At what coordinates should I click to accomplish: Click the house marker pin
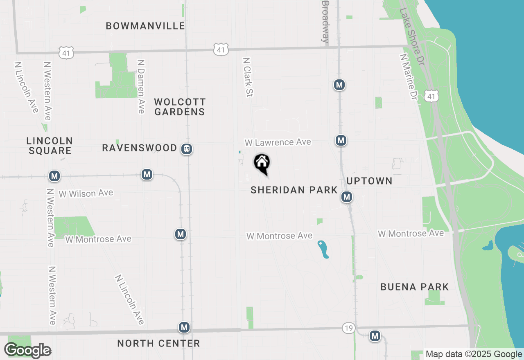[262, 164]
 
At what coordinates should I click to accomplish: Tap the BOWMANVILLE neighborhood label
[145, 26]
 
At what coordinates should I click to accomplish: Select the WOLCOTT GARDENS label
[180, 107]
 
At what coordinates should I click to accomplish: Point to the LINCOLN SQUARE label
[50, 146]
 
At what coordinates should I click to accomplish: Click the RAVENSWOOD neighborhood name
[140, 148]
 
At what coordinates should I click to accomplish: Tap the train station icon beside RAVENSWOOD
[187, 149]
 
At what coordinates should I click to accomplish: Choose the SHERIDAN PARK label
[294, 190]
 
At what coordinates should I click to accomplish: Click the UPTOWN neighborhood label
[369, 181]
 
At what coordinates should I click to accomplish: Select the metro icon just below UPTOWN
[347, 197]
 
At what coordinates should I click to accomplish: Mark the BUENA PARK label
[415, 287]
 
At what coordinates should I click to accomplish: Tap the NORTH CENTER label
[158, 343]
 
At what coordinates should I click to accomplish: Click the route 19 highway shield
[348, 328]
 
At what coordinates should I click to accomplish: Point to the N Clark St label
[248, 77]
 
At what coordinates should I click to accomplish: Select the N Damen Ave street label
[141, 86]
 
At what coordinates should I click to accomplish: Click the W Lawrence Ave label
[278, 142]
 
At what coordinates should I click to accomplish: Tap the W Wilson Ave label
[86, 193]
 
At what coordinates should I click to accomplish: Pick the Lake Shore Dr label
[412, 25]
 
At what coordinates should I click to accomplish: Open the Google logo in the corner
[27, 351]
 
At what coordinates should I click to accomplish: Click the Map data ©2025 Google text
[474, 354]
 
